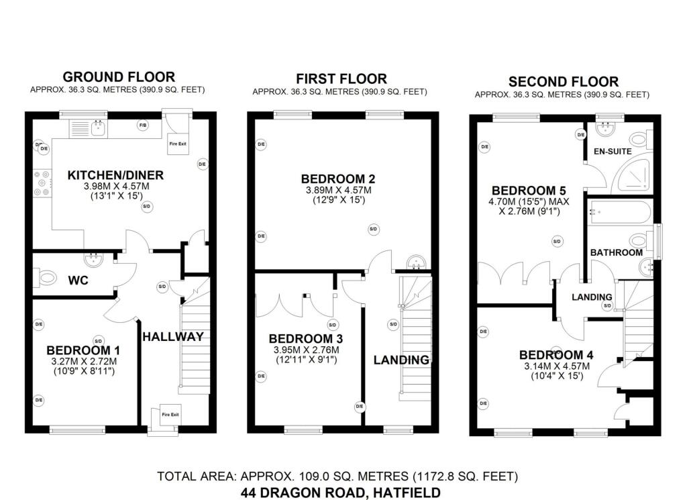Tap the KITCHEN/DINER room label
(x=115, y=176)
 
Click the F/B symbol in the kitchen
(x=142, y=126)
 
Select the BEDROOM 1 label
(x=83, y=350)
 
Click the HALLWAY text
(x=172, y=337)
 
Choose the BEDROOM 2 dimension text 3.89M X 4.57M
(x=337, y=191)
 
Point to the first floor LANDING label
(x=401, y=360)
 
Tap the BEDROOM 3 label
(x=301, y=339)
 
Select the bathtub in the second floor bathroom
(x=619, y=213)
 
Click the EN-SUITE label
(x=612, y=152)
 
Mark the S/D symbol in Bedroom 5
(x=557, y=241)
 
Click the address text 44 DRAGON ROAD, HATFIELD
(x=341, y=493)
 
